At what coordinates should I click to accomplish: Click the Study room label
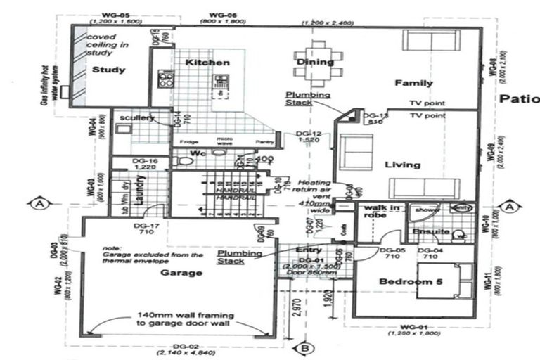click(109, 70)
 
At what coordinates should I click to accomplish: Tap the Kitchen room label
click(207, 63)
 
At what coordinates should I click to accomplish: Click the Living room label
click(402, 165)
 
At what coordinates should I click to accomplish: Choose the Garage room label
click(181, 273)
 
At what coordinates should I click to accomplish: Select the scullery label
click(137, 118)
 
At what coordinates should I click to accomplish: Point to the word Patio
click(519, 99)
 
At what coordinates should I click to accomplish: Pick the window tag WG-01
click(414, 328)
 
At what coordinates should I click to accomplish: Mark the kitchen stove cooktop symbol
click(167, 79)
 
